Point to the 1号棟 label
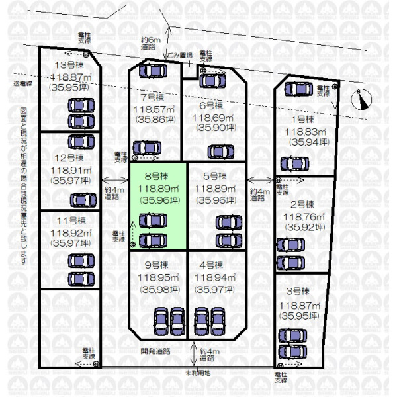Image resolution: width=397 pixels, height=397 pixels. coord(302,119)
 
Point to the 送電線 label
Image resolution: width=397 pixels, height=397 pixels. coord(24,84)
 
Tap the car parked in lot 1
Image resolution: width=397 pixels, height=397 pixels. coord(293,163)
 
